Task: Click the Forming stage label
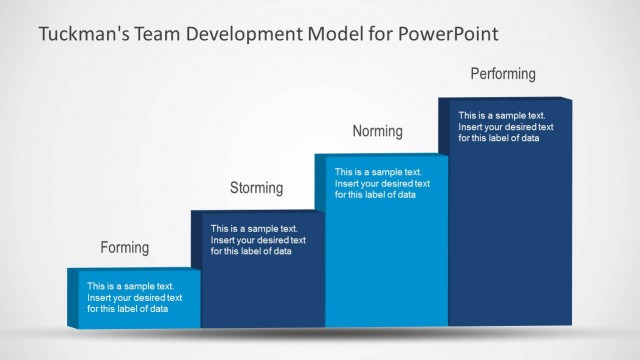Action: (x=124, y=247)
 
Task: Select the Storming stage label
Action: (x=256, y=187)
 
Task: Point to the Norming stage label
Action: (x=377, y=131)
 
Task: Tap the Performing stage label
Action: (x=503, y=74)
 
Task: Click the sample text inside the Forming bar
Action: (x=134, y=297)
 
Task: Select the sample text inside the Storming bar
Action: (x=258, y=240)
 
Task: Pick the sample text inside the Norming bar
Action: (x=382, y=183)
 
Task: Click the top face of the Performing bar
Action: (x=505, y=98)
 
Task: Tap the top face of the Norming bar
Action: (x=381, y=155)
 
